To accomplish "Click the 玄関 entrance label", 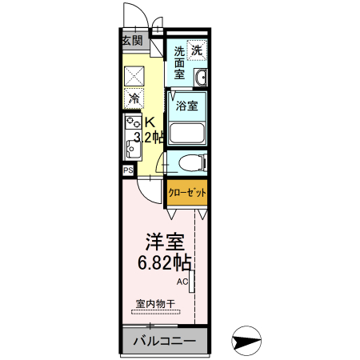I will click(x=133, y=40).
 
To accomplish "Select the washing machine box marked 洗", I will click(x=197, y=49).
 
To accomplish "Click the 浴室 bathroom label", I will click(x=187, y=105).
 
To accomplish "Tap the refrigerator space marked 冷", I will click(x=134, y=99).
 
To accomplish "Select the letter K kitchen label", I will click(x=148, y=122).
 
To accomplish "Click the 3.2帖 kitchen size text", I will click(x=150, y=138).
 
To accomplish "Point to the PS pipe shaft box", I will click(x=128, y=170).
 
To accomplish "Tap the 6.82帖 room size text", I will click(x=164, y=261).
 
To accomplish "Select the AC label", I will click(x=182, y=282).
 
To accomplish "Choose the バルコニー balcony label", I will click(x=164, y=342).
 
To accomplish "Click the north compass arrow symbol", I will click(x=244, y=340).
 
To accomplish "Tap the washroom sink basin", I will click(x=201, y=78).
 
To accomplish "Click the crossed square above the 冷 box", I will click(x=134, y=74).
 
